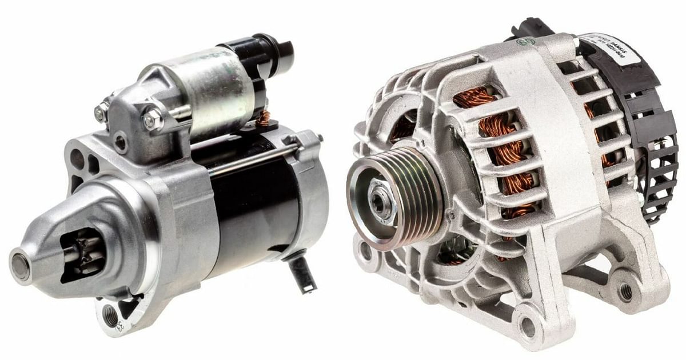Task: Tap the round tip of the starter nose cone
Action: [21, 266]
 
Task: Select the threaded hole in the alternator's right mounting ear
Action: [626, 292]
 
